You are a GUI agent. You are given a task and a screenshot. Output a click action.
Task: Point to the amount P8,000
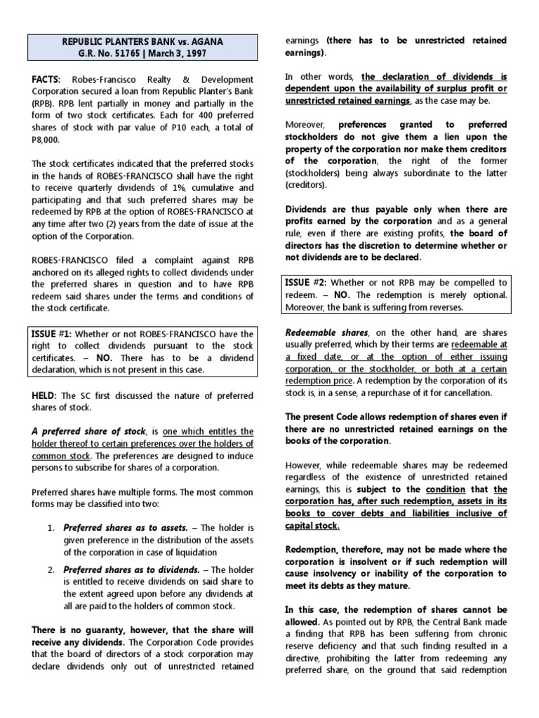(48, 139)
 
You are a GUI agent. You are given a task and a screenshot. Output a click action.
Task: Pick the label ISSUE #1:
(53, 333)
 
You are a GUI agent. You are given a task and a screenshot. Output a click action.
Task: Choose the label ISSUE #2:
(306, 282)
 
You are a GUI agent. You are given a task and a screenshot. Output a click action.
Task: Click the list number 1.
(51, 527)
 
